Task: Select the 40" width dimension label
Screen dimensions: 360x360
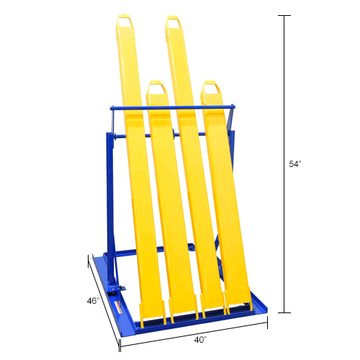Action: [201, 338]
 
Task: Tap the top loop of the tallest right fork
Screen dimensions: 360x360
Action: [174, 24]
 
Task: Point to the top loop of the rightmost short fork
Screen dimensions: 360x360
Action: [210, 90]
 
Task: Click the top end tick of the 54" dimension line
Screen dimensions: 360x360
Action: [286, 15]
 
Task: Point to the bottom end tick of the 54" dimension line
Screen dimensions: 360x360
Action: [286, 313]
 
